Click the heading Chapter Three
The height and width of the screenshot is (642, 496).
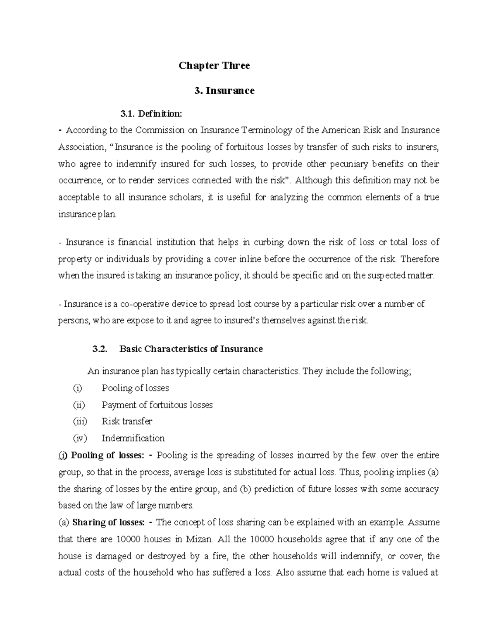click(x=214, y=66)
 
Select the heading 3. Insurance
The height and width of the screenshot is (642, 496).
click(x=224, y=91)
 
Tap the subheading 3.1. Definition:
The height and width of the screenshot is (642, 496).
click(x=150, y=113)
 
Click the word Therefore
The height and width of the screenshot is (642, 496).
click(x=420, y=259)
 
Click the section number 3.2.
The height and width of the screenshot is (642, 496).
click(x=100, y=349)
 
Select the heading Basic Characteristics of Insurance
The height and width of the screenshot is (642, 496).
click(x=191, y=349)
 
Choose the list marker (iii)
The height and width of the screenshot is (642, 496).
click(x=80, y=421)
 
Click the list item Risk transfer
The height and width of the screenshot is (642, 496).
click(x=127, y=421)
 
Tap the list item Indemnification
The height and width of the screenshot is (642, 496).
click(x=133, y=438)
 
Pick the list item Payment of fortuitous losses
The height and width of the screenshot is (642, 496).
click(x=157, y=405)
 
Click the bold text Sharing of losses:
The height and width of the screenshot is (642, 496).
click(x=108, y=523)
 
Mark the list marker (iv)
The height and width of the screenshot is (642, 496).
click(x=80, y=438)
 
